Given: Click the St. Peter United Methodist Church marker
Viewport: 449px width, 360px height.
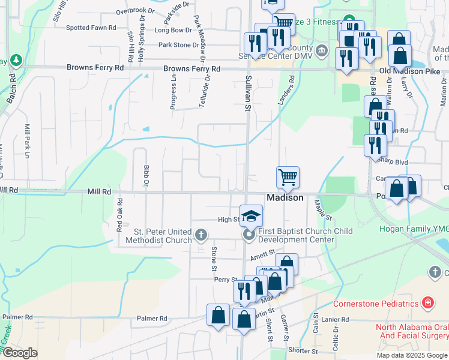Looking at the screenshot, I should click(201, 234).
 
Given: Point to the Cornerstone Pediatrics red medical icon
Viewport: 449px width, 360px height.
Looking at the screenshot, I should click(427, 302).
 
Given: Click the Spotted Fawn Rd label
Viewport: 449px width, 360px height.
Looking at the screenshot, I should click(91, 28).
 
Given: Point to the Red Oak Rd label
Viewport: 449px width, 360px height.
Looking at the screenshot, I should click(119, 215).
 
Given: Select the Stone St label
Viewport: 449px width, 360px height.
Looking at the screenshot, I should click(214, 254).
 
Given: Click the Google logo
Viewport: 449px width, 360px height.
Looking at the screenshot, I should click(20, 353).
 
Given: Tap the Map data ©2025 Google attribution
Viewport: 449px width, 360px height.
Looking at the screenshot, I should click(411, 355).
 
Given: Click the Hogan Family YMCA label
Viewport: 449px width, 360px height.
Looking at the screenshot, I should click(414, 229).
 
